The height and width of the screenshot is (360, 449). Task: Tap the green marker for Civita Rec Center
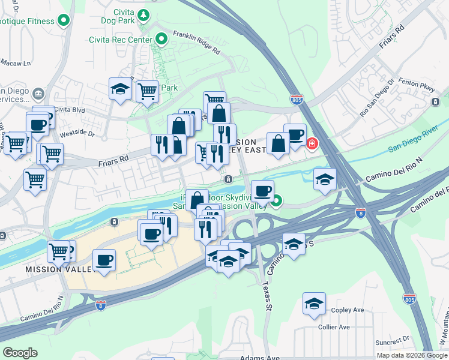coord(161,40)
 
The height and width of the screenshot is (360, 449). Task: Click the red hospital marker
coord(312,143)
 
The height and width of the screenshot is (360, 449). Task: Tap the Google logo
coord(20,353)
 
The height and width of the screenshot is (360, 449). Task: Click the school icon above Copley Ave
coord(314,304)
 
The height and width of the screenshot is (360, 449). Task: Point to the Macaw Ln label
coord(11,62)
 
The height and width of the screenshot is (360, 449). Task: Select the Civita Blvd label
coord(70,110)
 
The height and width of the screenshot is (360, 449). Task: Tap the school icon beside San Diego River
coord(325,179)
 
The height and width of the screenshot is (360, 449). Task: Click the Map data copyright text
coord(412,355)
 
